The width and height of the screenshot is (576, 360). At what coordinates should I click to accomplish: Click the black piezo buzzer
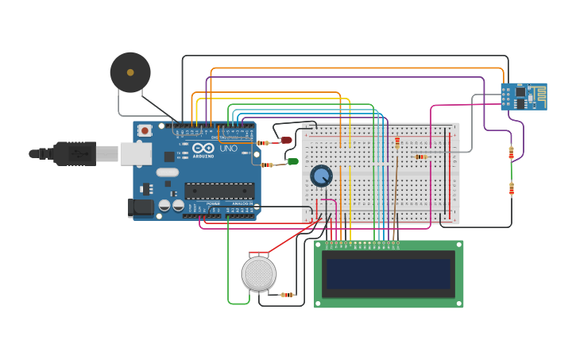tap(130, 72)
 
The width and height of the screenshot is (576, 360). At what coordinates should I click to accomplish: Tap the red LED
tap(286, 141)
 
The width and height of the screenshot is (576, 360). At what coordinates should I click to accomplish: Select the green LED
tap(293, 161)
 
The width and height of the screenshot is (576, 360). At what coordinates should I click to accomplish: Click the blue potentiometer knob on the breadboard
tap(321, 176)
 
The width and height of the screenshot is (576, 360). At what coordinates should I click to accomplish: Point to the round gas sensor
tap(259, 273)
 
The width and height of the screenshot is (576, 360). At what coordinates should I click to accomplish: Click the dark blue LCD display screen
tap(389, 273)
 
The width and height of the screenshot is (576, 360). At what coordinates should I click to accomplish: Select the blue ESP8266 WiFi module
tap(523, 96)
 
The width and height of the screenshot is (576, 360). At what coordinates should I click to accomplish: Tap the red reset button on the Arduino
tap(145, 130)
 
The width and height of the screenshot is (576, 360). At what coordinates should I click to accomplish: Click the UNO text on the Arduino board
tap(228, 148)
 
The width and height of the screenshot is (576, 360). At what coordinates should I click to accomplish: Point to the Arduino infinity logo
tap(203, 148)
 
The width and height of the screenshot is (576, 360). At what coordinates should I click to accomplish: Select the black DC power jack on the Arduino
tap(141, 207)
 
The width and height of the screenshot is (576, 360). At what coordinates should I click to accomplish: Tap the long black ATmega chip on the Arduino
tap(219, 191)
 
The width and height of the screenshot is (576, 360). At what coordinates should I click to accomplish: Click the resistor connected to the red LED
tap(263, 143)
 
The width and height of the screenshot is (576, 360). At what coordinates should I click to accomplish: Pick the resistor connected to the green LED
tap(267, 165)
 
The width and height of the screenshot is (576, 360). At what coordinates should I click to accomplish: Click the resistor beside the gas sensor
tap(287, 295)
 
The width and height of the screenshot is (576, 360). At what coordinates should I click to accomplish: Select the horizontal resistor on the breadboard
tap(420, 157)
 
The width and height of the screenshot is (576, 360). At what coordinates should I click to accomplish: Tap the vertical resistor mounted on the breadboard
tap(397, 143)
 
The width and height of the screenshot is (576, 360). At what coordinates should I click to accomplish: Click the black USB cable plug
tap(75, 153)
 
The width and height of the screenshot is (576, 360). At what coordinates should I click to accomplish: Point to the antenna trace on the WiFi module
tap(538, 96)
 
